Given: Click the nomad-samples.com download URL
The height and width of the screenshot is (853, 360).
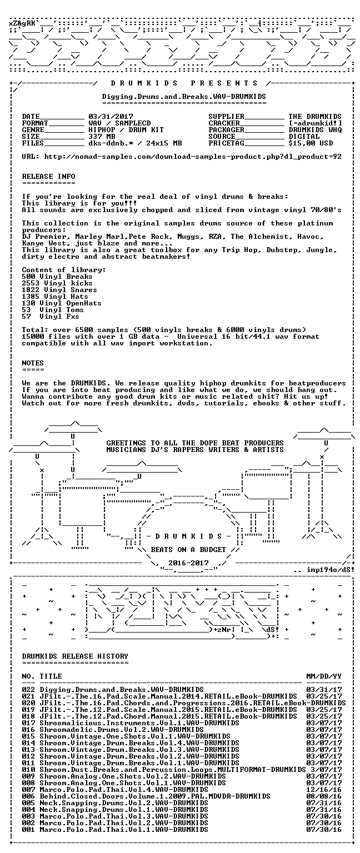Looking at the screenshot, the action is coord(193,157).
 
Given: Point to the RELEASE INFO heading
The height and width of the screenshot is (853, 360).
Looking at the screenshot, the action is coord(48,176).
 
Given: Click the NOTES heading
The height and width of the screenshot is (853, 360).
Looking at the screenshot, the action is coord(33,363).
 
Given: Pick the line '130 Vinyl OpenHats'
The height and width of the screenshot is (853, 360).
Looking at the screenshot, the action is coord(62,303).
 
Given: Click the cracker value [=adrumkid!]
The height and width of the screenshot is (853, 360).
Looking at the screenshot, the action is coord(315,123).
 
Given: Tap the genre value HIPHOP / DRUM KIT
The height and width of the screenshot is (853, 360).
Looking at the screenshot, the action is coord(126,130).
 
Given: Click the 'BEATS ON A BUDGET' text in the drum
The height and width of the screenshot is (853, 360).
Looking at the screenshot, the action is coord(188,549).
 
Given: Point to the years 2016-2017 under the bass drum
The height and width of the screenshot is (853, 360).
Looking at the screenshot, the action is coord(188,563).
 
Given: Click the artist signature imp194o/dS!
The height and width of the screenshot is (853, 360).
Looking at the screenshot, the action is coord(331,570).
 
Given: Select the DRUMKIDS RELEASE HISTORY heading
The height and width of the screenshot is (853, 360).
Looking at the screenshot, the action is coord(75,656).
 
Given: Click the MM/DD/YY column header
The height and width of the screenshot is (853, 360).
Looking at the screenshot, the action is coord(324,676).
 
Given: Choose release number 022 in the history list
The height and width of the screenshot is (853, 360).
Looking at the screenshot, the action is coord(28,690).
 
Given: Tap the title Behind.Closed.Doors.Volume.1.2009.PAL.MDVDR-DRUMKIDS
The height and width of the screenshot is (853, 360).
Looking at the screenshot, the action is coord(155,796).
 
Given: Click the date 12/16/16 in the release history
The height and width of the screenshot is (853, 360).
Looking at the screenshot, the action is coord(324,790).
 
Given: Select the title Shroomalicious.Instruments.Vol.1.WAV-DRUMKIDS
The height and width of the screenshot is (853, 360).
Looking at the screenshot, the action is coord(139,723).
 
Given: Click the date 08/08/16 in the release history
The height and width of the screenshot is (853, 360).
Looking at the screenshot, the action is coord(324,796).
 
